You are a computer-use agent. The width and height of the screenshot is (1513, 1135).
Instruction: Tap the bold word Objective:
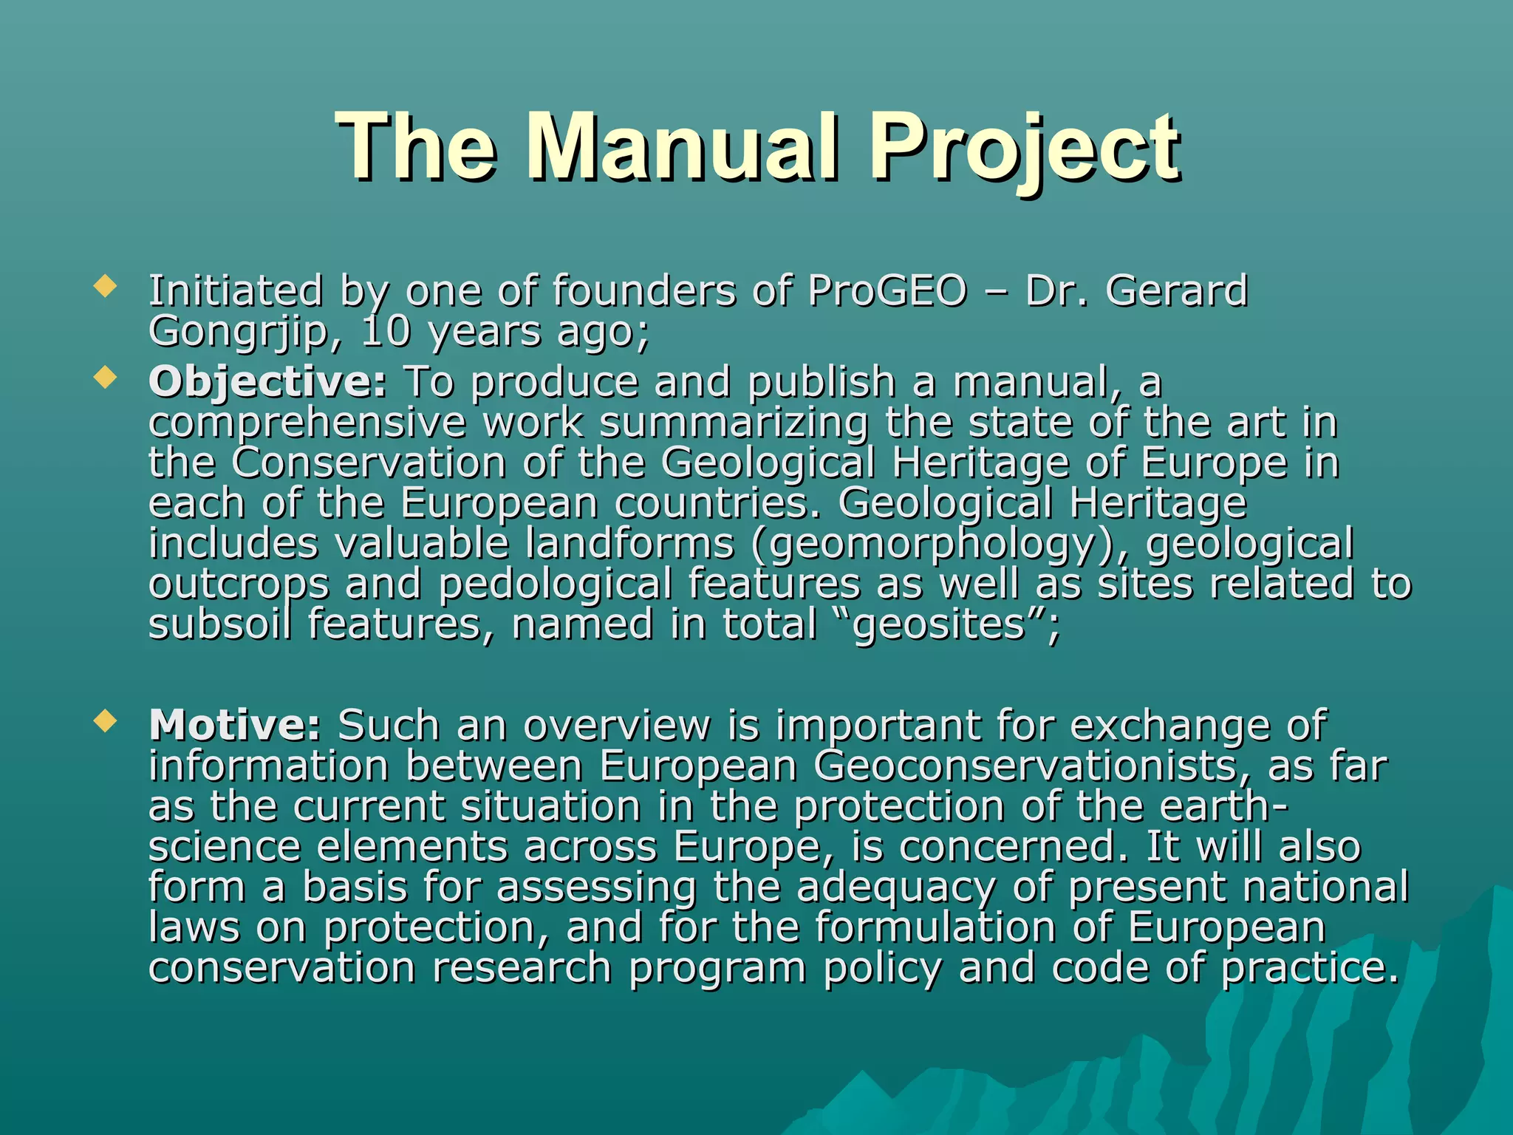(267, 382)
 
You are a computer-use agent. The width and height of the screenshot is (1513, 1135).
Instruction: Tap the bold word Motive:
(234, 725)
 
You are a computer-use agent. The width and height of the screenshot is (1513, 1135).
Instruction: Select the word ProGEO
(887, 290)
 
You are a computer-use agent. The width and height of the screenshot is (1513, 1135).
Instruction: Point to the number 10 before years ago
(385, 332)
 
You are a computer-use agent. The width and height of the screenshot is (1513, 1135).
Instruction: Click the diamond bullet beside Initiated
(106, 287)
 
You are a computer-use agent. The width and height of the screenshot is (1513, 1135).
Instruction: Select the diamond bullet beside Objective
(106, 378)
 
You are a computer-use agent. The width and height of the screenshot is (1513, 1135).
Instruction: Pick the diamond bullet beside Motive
(106, 720)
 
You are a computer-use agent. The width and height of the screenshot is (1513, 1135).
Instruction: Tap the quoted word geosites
(938, 624)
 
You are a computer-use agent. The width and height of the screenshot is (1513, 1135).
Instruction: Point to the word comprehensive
(307, 423)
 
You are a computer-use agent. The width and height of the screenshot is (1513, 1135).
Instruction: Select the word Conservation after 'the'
(369, 463)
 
